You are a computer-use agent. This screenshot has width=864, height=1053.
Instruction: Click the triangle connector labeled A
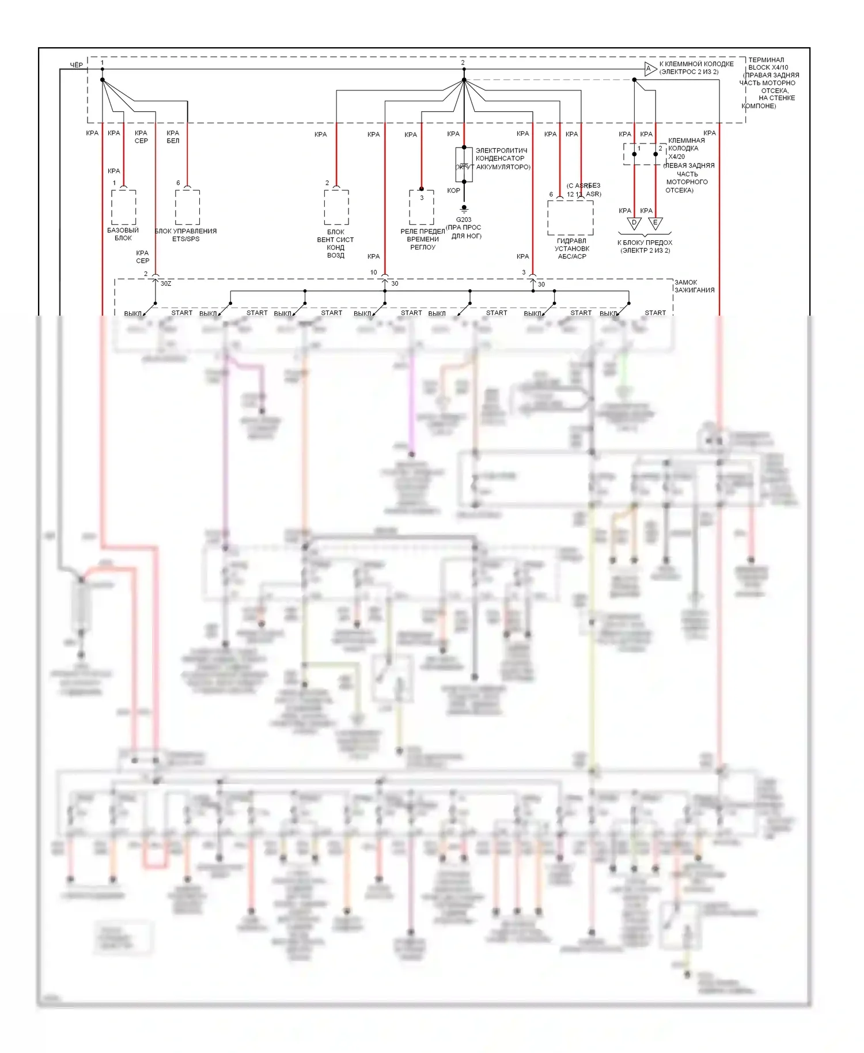[650, 69]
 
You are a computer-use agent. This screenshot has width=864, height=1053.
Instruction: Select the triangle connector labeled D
[634, 223]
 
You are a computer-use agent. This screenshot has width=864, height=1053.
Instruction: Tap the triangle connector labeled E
[655, 223]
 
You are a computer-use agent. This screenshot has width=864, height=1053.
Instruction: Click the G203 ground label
[464, 219]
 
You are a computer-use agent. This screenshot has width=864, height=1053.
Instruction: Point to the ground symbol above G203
[464, 210]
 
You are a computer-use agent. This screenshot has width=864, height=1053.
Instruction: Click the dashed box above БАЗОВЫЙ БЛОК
[123, 207]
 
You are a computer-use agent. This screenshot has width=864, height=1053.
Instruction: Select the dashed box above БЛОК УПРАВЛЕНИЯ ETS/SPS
[187, 207]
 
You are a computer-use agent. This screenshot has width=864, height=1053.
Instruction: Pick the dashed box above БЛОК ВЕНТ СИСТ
[336, 207]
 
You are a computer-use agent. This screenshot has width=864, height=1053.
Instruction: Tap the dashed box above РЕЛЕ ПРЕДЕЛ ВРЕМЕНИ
[422, 207]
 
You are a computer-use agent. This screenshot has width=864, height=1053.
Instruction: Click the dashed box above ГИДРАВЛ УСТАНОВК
[570, 218]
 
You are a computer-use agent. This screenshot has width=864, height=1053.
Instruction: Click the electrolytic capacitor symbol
[464, 165]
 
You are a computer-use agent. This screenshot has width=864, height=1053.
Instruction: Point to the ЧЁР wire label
[76, 65]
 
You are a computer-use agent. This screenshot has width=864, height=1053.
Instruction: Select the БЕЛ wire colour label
[173, 141]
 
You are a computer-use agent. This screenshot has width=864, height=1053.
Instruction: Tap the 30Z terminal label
[166, 283]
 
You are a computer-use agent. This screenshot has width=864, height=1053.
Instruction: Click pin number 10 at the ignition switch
[374, 272]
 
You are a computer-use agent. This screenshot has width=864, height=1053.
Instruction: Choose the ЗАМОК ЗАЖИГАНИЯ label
[694, 286]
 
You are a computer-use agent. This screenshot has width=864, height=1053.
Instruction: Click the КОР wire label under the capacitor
[453, 191]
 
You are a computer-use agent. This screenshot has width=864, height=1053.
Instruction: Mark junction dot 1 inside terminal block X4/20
[634, 154]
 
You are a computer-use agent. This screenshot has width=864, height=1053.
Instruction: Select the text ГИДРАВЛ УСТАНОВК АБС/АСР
[571, 249]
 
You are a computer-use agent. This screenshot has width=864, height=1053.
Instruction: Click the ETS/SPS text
[186, 239]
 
